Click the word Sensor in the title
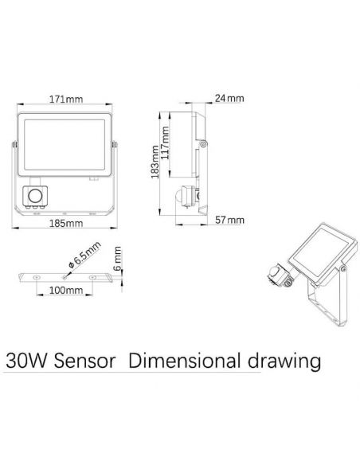84,361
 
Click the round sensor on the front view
36,194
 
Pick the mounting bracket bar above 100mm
66,275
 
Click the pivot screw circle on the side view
205,144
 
